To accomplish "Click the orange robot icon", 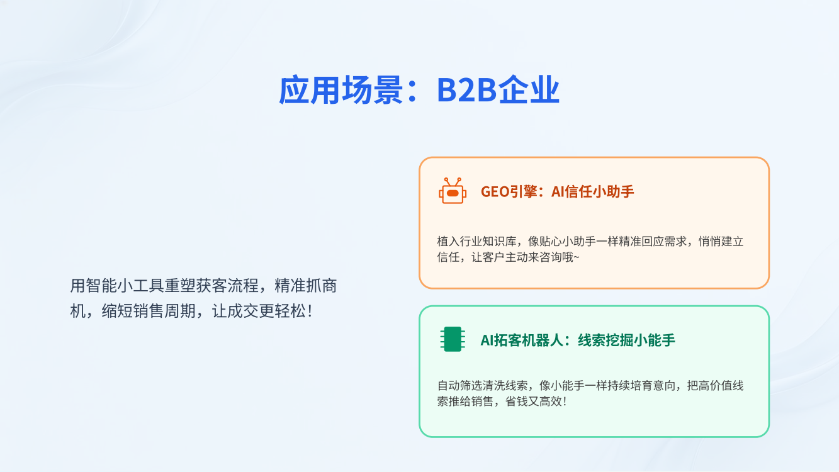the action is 453,191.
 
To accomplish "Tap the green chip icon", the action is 453,339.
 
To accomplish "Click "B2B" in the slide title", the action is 466,90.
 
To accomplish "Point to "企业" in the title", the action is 529,90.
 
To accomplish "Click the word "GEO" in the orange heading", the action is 495,192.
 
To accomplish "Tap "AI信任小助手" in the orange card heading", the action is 592,191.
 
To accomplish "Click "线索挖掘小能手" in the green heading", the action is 627,340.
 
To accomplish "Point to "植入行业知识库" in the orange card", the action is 477,241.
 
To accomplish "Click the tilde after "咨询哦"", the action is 577,257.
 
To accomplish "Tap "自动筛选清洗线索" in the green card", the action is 482,385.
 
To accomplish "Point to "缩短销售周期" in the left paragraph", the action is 149,311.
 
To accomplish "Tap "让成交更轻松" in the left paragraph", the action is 259,311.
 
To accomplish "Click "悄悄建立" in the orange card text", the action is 721,241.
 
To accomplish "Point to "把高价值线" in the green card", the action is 716,385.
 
